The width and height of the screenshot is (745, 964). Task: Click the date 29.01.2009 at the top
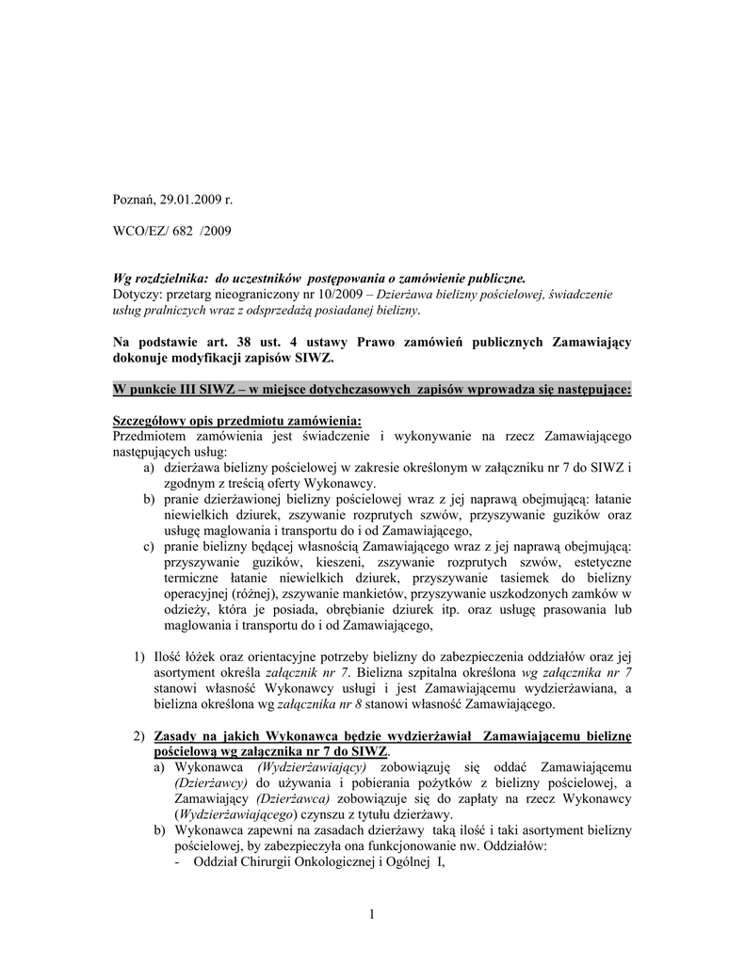(x=188, y=200)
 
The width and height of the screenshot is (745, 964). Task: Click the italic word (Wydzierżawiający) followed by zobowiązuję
(x=312, y=767)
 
